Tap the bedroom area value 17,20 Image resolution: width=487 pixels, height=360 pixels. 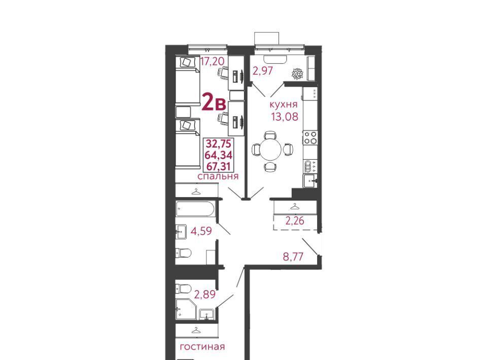click(213, 61)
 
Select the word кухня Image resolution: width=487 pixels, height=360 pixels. click(284, 104)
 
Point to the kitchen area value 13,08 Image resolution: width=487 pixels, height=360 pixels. click(285, 117)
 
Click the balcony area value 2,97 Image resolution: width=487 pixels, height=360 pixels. click(262, 71)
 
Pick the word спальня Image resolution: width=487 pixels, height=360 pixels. click(218, 176)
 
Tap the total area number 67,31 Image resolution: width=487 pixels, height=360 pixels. click(219, 166)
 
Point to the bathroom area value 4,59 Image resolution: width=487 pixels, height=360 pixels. click(201, 231)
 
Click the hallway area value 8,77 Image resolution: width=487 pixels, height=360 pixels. click(293, 257)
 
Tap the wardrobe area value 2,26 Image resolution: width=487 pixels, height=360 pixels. click(295, 221)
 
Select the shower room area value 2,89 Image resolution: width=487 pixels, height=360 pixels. click(204, 294)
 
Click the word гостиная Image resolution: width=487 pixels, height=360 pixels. click(202, 346)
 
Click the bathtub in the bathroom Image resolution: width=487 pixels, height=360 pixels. click(195, 209)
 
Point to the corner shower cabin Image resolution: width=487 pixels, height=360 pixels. click(186, 309)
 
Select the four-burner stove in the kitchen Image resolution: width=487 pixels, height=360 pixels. click(310, 137)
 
